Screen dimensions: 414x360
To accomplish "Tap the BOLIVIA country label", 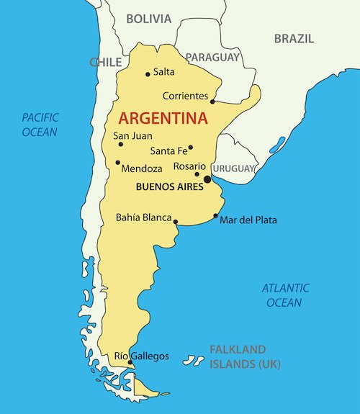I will (x=149, y=19).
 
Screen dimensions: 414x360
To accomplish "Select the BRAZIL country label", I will (x=294, y=38).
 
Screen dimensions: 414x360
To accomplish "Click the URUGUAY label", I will (x=233, y=168).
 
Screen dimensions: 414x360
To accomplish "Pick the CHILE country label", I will (x=105, y=63).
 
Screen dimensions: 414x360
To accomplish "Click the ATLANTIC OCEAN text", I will (x=285, y=295).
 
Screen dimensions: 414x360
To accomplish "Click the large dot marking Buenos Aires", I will (x=207, y=179).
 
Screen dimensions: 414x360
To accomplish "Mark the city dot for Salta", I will (x=148, y=73).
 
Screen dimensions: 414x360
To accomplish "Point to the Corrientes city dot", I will (x=212, y=102).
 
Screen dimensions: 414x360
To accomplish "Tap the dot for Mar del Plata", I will (x=215, y=215).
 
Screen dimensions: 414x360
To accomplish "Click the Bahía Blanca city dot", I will (x=176, y=222).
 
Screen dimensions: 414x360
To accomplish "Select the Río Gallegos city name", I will (x=142, y=356).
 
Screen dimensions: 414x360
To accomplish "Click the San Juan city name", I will (x=133, y=135).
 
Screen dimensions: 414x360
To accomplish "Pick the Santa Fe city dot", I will (x=191, y=148).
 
